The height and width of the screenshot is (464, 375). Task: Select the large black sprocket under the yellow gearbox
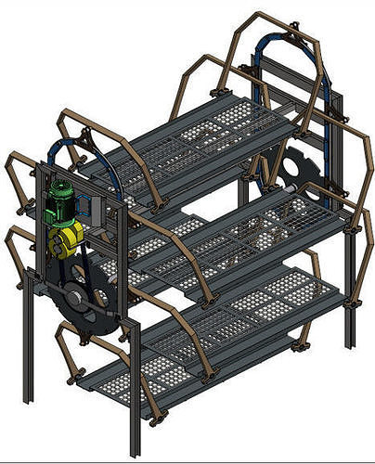pyautogui.click(x=93, y=302)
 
